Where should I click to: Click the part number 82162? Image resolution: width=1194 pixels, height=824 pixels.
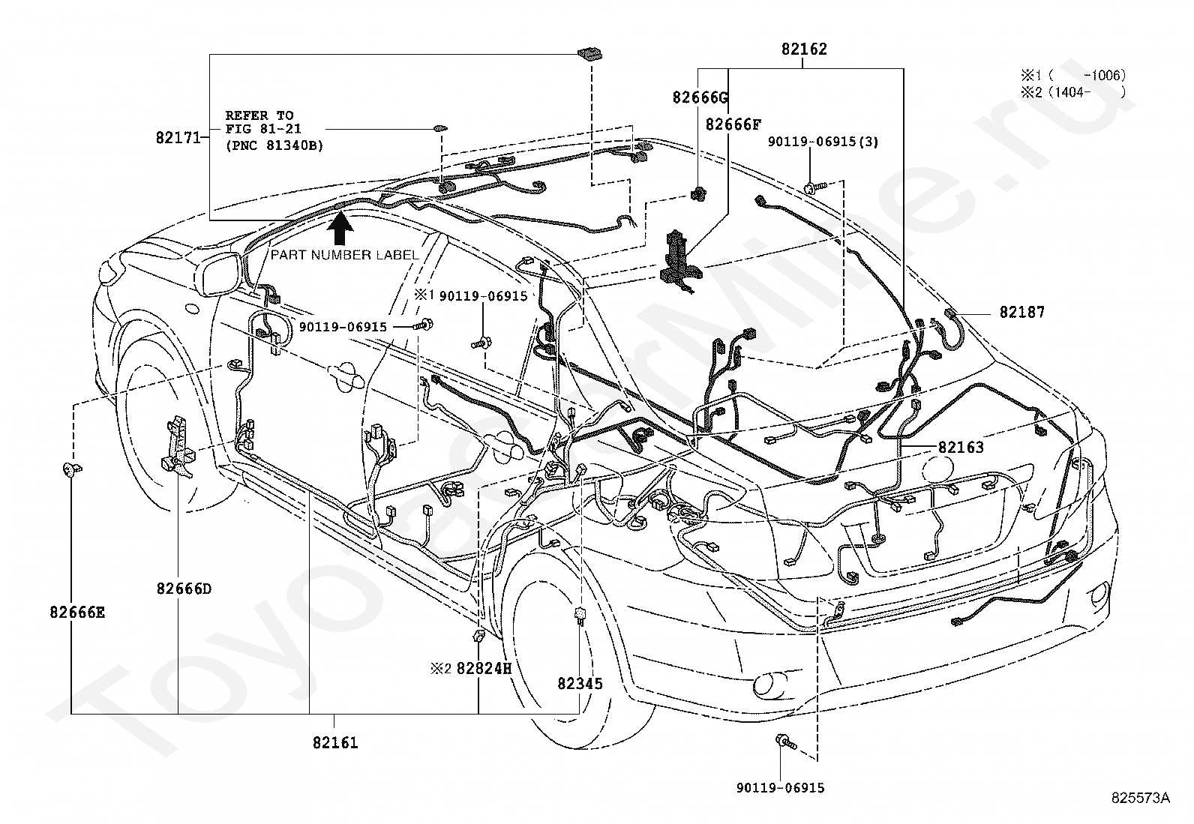(804, 49)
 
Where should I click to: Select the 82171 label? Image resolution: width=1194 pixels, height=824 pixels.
(178, 137)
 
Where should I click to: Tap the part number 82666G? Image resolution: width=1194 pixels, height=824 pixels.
(700, 97)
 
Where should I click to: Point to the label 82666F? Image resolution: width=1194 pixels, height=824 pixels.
(733, 124)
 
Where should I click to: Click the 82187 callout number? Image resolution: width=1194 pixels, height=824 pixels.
(1021, 312)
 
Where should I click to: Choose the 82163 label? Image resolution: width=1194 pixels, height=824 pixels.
(961, 447)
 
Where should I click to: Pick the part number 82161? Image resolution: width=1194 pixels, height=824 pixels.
(335, 742)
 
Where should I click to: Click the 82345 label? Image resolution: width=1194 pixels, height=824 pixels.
(580, 683)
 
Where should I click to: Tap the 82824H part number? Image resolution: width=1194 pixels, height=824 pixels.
(484, 668)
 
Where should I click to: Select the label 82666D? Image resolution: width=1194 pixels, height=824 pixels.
(184, 589)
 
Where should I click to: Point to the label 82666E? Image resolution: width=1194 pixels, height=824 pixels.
(77, 613)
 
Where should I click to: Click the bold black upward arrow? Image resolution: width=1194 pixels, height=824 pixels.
(340, 228)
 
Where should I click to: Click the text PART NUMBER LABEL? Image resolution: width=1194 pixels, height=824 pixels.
(345, 255)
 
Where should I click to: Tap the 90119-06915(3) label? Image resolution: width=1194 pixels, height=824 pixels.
(823, 141)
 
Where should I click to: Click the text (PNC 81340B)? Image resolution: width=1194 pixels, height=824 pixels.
(274, 145)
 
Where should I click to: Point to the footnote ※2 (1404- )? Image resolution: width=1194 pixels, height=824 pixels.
(1073, 92)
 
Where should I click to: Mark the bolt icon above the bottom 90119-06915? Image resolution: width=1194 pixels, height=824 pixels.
(786, 742)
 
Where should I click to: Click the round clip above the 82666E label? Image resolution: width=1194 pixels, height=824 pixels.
(71, 469)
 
